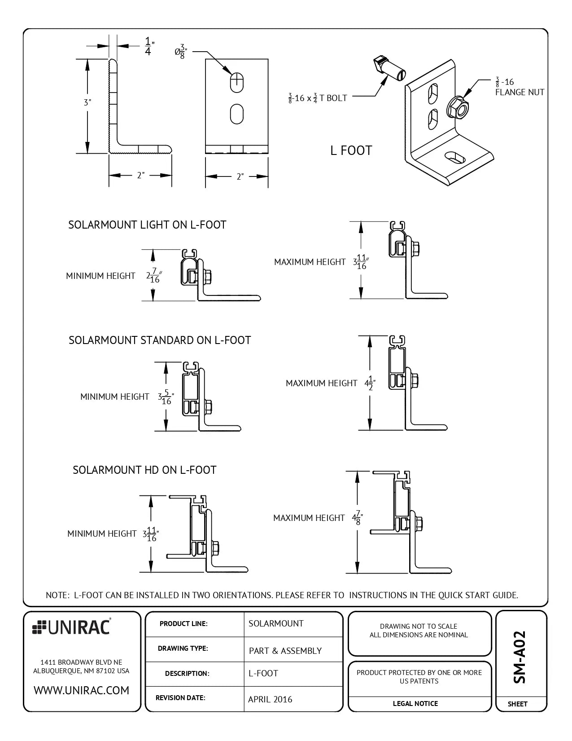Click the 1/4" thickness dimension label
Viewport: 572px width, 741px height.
(148, 46)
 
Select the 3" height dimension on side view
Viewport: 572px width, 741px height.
(87, 102)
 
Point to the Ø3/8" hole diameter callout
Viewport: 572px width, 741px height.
(180, 52)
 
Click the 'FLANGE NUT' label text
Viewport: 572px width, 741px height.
(520, 92)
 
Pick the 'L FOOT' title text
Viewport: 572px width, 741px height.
(351, 150)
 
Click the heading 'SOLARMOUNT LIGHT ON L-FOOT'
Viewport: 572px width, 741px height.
(147, 225)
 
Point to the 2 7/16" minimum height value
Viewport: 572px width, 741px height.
(153, 276)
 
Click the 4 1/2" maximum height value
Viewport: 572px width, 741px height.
(370, 384)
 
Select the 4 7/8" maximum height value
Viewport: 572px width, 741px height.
(357, 518)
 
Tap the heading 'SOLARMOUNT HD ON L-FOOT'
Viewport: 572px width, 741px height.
(144, 470)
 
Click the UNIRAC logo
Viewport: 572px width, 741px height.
(72, 627)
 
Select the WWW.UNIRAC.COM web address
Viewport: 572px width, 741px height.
(81, 690)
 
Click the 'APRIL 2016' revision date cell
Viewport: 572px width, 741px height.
(270, 699)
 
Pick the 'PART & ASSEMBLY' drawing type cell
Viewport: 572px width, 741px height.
(285, 651)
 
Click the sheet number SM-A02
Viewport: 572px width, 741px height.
(520, 657)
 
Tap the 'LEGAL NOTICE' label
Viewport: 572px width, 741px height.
(415, 704)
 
